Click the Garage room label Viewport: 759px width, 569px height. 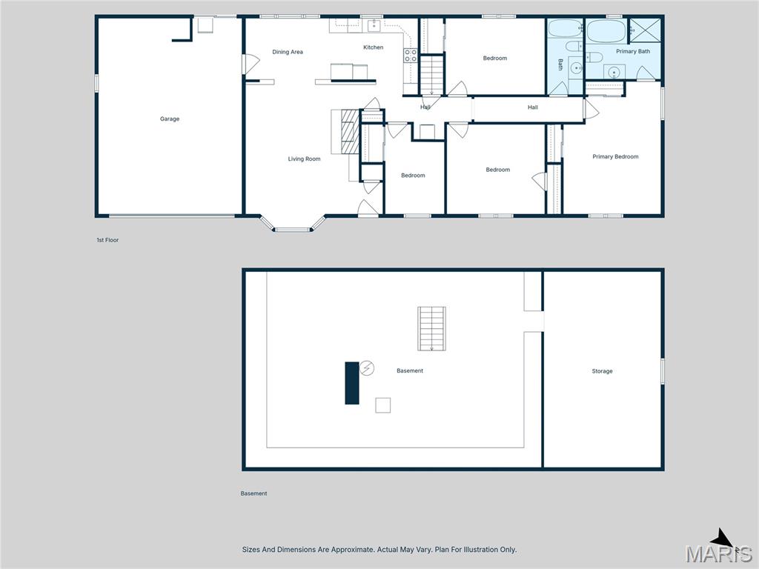[x=170, y=119]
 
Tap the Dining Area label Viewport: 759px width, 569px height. [x=287, y=52]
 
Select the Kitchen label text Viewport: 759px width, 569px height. [x=373, y=47]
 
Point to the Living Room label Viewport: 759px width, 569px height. [x=304, y=159]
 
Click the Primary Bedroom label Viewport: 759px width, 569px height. [x=614, y=156]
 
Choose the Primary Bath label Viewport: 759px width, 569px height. [x=632, y=51]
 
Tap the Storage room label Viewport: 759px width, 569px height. [x=602, y=371]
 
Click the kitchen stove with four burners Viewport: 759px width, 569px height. [x=410, y=55]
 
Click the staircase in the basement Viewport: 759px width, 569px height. [x=430, y=328]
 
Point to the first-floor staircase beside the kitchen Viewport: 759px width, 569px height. [x=431, y=73]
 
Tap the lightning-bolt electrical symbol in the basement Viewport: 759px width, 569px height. [x=367, y=367]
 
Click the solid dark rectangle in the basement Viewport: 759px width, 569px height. [x=352, y=382]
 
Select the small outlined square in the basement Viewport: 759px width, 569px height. [x=382, y=405]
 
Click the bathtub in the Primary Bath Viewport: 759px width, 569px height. [x=606, y=32]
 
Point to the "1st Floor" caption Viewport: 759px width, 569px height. [x=107, y=240]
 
